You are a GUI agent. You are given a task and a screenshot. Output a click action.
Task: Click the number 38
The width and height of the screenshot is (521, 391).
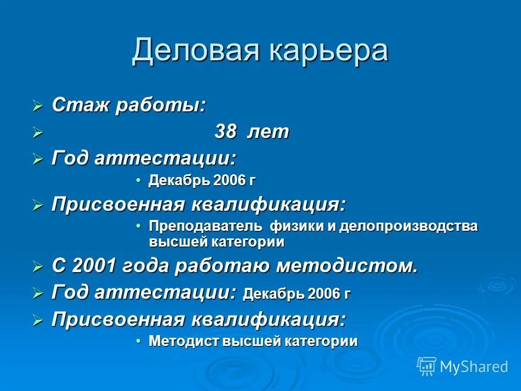(x=226, y=132)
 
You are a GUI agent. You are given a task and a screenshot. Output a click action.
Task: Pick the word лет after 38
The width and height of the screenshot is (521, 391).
(x=269, y=132)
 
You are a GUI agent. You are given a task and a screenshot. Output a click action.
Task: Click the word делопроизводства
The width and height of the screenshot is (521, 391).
(x=409, y=226)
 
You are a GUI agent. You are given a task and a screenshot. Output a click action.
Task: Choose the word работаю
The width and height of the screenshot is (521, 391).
(x=227, y=266)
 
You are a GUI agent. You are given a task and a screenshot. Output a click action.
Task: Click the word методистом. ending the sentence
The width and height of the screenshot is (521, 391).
(x=347, y=266)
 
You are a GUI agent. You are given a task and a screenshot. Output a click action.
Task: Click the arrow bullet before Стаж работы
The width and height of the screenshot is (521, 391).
(x=37, y=106)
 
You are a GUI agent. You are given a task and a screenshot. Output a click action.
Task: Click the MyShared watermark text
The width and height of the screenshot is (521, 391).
(x=474, y=367)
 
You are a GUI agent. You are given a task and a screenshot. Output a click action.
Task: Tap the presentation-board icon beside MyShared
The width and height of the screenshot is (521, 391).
(x=427, y=366)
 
